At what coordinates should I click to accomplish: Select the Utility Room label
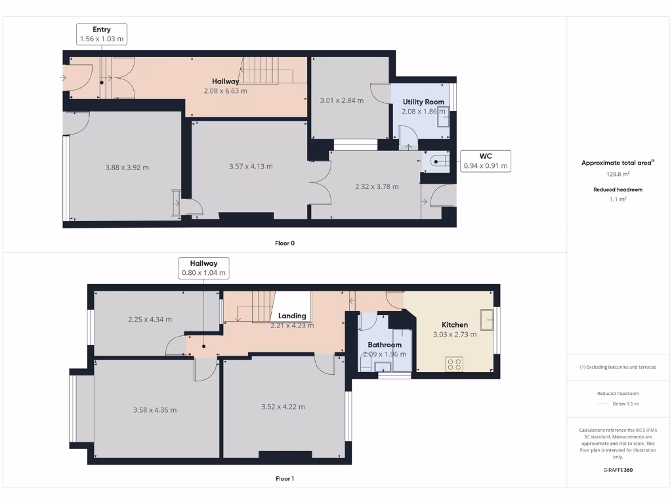point(423,102)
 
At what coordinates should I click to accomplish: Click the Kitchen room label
point(455,325)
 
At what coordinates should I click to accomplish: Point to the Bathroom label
point(385,345)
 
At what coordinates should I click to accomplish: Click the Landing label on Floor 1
point(292,316)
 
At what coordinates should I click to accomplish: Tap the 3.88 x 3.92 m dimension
point(127,167)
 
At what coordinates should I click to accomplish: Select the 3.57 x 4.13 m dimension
point(251,166)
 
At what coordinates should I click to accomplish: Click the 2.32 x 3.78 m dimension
point(377,186)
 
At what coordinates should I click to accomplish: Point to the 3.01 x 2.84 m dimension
point(341,100)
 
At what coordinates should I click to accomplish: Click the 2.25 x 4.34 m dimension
point(150,320)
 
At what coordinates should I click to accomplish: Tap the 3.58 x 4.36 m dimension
point(155,410)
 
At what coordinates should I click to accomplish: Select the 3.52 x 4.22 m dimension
point(283,407)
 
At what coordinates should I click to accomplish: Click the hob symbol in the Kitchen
point(454,364)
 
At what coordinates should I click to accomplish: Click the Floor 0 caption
point(285,243)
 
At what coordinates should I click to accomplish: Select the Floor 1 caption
point(285,478)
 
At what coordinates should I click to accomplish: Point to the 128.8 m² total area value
point(617,174)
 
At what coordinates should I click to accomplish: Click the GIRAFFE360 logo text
point(617,470)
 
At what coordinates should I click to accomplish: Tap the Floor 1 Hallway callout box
point(203,268)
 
